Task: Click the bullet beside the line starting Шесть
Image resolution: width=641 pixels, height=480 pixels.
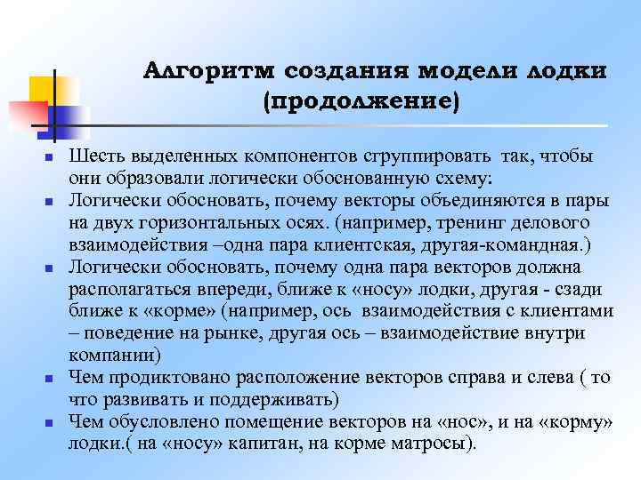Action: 50,158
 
